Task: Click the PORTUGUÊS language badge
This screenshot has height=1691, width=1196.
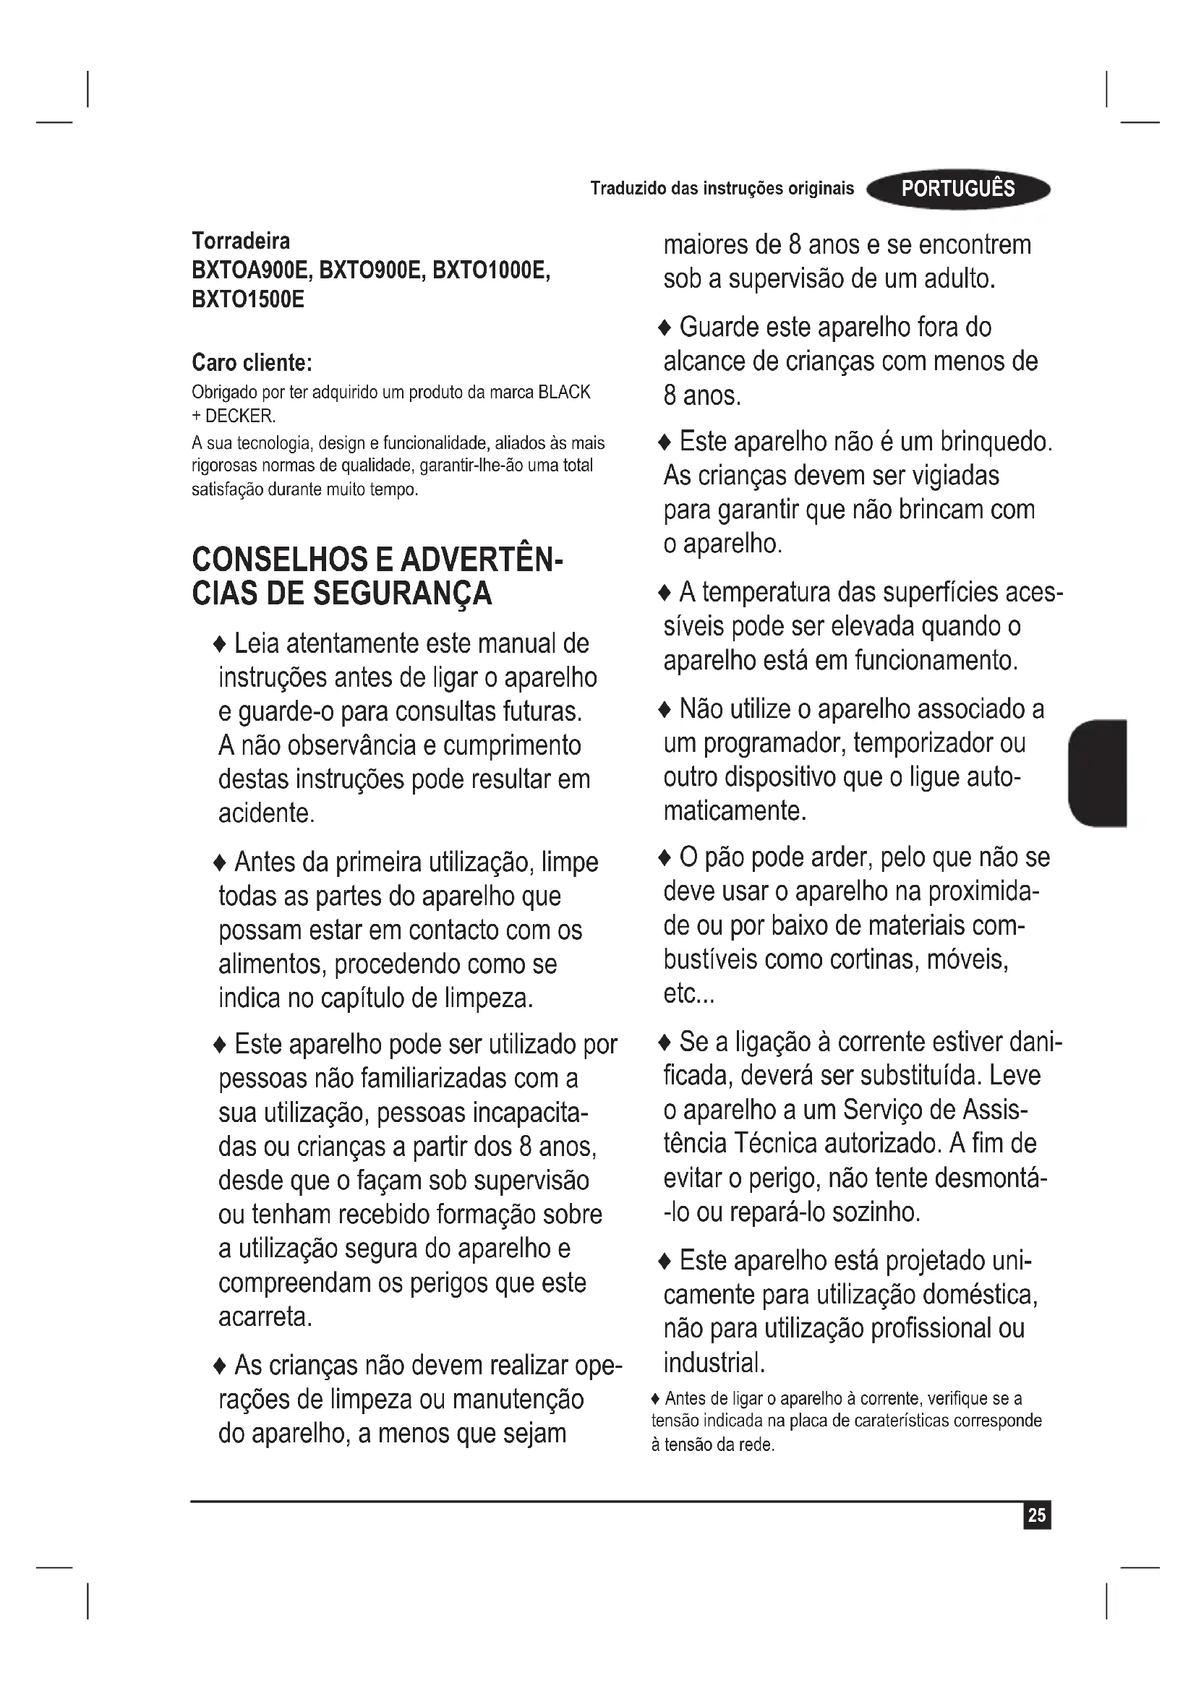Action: [x=958, y=189]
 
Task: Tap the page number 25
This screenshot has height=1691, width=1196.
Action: [x=1036, y=1515]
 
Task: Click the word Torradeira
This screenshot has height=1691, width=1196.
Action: [x=241, y=241]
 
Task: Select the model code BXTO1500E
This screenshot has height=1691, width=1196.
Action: [x=247, y=300]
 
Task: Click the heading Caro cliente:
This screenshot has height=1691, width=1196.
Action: [x=252, y=362]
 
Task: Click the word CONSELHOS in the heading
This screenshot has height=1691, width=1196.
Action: [x=280, y=560]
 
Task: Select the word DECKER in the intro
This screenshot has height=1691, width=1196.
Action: [x=239, y=416]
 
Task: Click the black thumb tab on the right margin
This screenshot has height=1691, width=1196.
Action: [x=1098, y=774]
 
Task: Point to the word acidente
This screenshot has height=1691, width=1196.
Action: [x=267, y=813]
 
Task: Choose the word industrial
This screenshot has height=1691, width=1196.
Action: [x=714, y=1363]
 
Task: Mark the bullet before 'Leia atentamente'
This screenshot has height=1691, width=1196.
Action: [x=220, y=645]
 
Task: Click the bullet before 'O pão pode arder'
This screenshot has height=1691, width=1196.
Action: [x=665, y=858]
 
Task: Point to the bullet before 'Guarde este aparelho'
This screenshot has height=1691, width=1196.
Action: [x=665, y=328]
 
